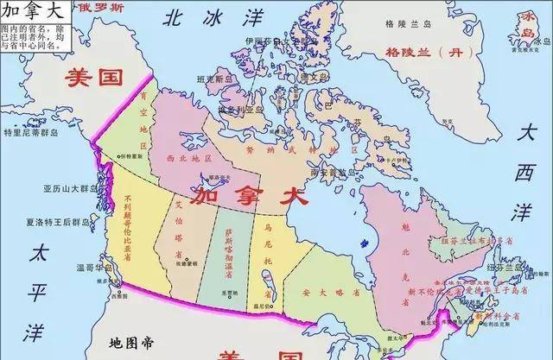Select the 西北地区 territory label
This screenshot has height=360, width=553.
(189, 159)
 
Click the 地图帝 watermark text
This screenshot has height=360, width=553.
(130, 344)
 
